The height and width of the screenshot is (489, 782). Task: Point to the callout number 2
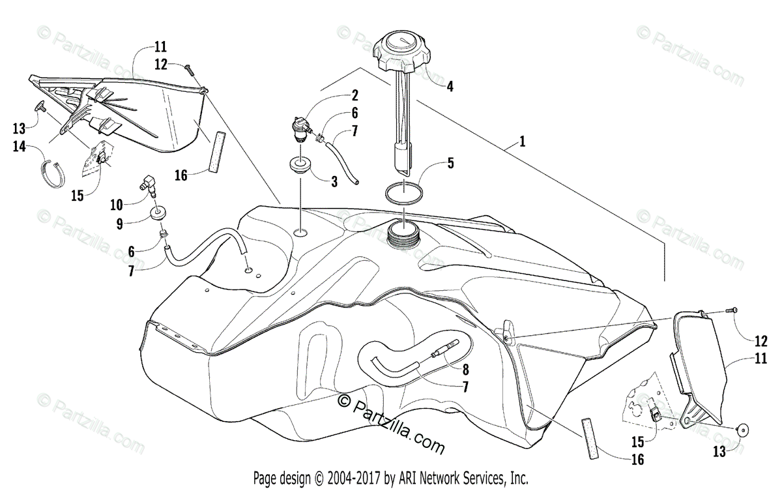[x=355, y=95]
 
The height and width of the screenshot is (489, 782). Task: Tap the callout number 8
[x=465, y=370]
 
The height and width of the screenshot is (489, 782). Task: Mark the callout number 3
[x=334, y=182]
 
